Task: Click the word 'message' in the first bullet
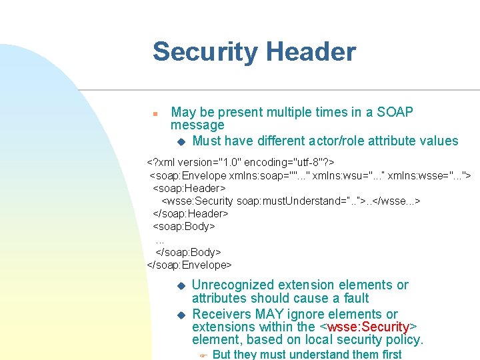click(197, 125)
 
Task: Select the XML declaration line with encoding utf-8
click(241, 162)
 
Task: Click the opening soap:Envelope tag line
click(309, 175)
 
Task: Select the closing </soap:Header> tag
click(191, 213)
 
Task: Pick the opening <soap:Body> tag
click(184, 226)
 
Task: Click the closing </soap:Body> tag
click(188, 252)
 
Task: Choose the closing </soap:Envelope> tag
click(189, 265)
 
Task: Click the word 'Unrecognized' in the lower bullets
click(232, 285)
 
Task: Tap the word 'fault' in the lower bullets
click(352, 298)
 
